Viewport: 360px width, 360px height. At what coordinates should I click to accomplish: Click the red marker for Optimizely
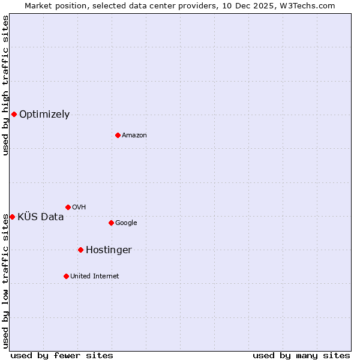(x=14, y=114)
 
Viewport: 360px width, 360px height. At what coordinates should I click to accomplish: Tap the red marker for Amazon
(x=118, y=135)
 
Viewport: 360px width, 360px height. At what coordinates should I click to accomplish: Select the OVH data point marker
(x=68, y=207)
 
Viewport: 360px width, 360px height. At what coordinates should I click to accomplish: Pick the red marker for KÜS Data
(x=12, y=217)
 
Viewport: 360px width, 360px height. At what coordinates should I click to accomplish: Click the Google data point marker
(x=111, y=223)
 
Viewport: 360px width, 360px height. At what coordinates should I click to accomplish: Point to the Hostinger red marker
(x=80, y=250)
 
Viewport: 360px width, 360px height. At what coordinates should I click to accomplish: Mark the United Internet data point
(x=66, y=276)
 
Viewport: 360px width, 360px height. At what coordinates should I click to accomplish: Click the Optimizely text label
(x=44, y=115)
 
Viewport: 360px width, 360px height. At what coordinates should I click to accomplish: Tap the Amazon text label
(x=134, y=136)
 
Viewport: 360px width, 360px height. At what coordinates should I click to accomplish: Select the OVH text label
(x=79, y=208)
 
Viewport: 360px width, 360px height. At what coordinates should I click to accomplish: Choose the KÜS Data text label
(x=41, y=217)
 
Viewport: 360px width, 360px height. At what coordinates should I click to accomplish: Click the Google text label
(x=126, y=223)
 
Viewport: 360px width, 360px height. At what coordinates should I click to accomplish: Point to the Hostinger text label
(x=109, y=250)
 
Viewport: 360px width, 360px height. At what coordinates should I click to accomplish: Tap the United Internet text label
(x=95, y=277)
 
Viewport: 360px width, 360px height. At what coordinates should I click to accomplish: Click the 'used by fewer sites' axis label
(x=62, y=355)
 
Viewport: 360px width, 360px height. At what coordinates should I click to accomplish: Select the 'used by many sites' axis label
(x=301, y=355)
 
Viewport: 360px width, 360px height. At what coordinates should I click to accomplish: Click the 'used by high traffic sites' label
(x=5, y=86)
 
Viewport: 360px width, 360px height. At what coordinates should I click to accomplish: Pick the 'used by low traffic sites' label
(x=5, y=281)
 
